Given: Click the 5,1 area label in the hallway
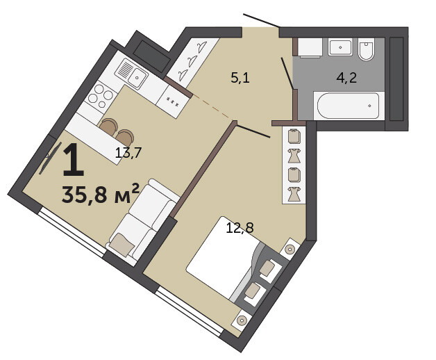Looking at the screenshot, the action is point(240,78).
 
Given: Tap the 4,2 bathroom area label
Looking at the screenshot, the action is point(346,78).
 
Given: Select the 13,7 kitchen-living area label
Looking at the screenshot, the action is point(128,153).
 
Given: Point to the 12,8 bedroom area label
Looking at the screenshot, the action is point(240,228).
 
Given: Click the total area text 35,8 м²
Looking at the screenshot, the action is point(100,193).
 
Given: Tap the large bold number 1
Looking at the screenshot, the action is point(73,160).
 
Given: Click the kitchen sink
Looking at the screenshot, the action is point(131,73).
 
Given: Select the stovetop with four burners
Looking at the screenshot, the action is point(101,95).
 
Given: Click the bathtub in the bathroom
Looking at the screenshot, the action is point(348,106).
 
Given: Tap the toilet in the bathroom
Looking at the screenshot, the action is point(366,49).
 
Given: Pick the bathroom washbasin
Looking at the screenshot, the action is point(340,47).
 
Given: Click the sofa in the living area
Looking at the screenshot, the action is point(142,221).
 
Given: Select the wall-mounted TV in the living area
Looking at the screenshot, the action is point(49,158).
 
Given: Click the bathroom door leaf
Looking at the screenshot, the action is point(287,73).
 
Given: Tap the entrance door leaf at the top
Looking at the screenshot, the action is point(261,20).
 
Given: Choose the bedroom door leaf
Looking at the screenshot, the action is point(253,131).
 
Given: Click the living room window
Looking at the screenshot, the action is point(72,231).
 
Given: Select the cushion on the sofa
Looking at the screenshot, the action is point(121,244).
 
